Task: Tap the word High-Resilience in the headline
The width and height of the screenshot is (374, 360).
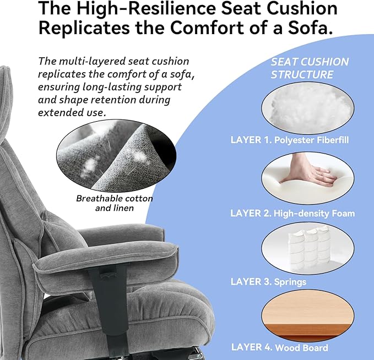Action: tap(143, 9)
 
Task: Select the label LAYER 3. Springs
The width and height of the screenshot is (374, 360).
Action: tap(268, 282)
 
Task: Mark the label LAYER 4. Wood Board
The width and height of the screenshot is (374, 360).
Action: tap(279, 347)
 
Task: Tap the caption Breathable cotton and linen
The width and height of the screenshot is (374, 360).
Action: tap(115, 203)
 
